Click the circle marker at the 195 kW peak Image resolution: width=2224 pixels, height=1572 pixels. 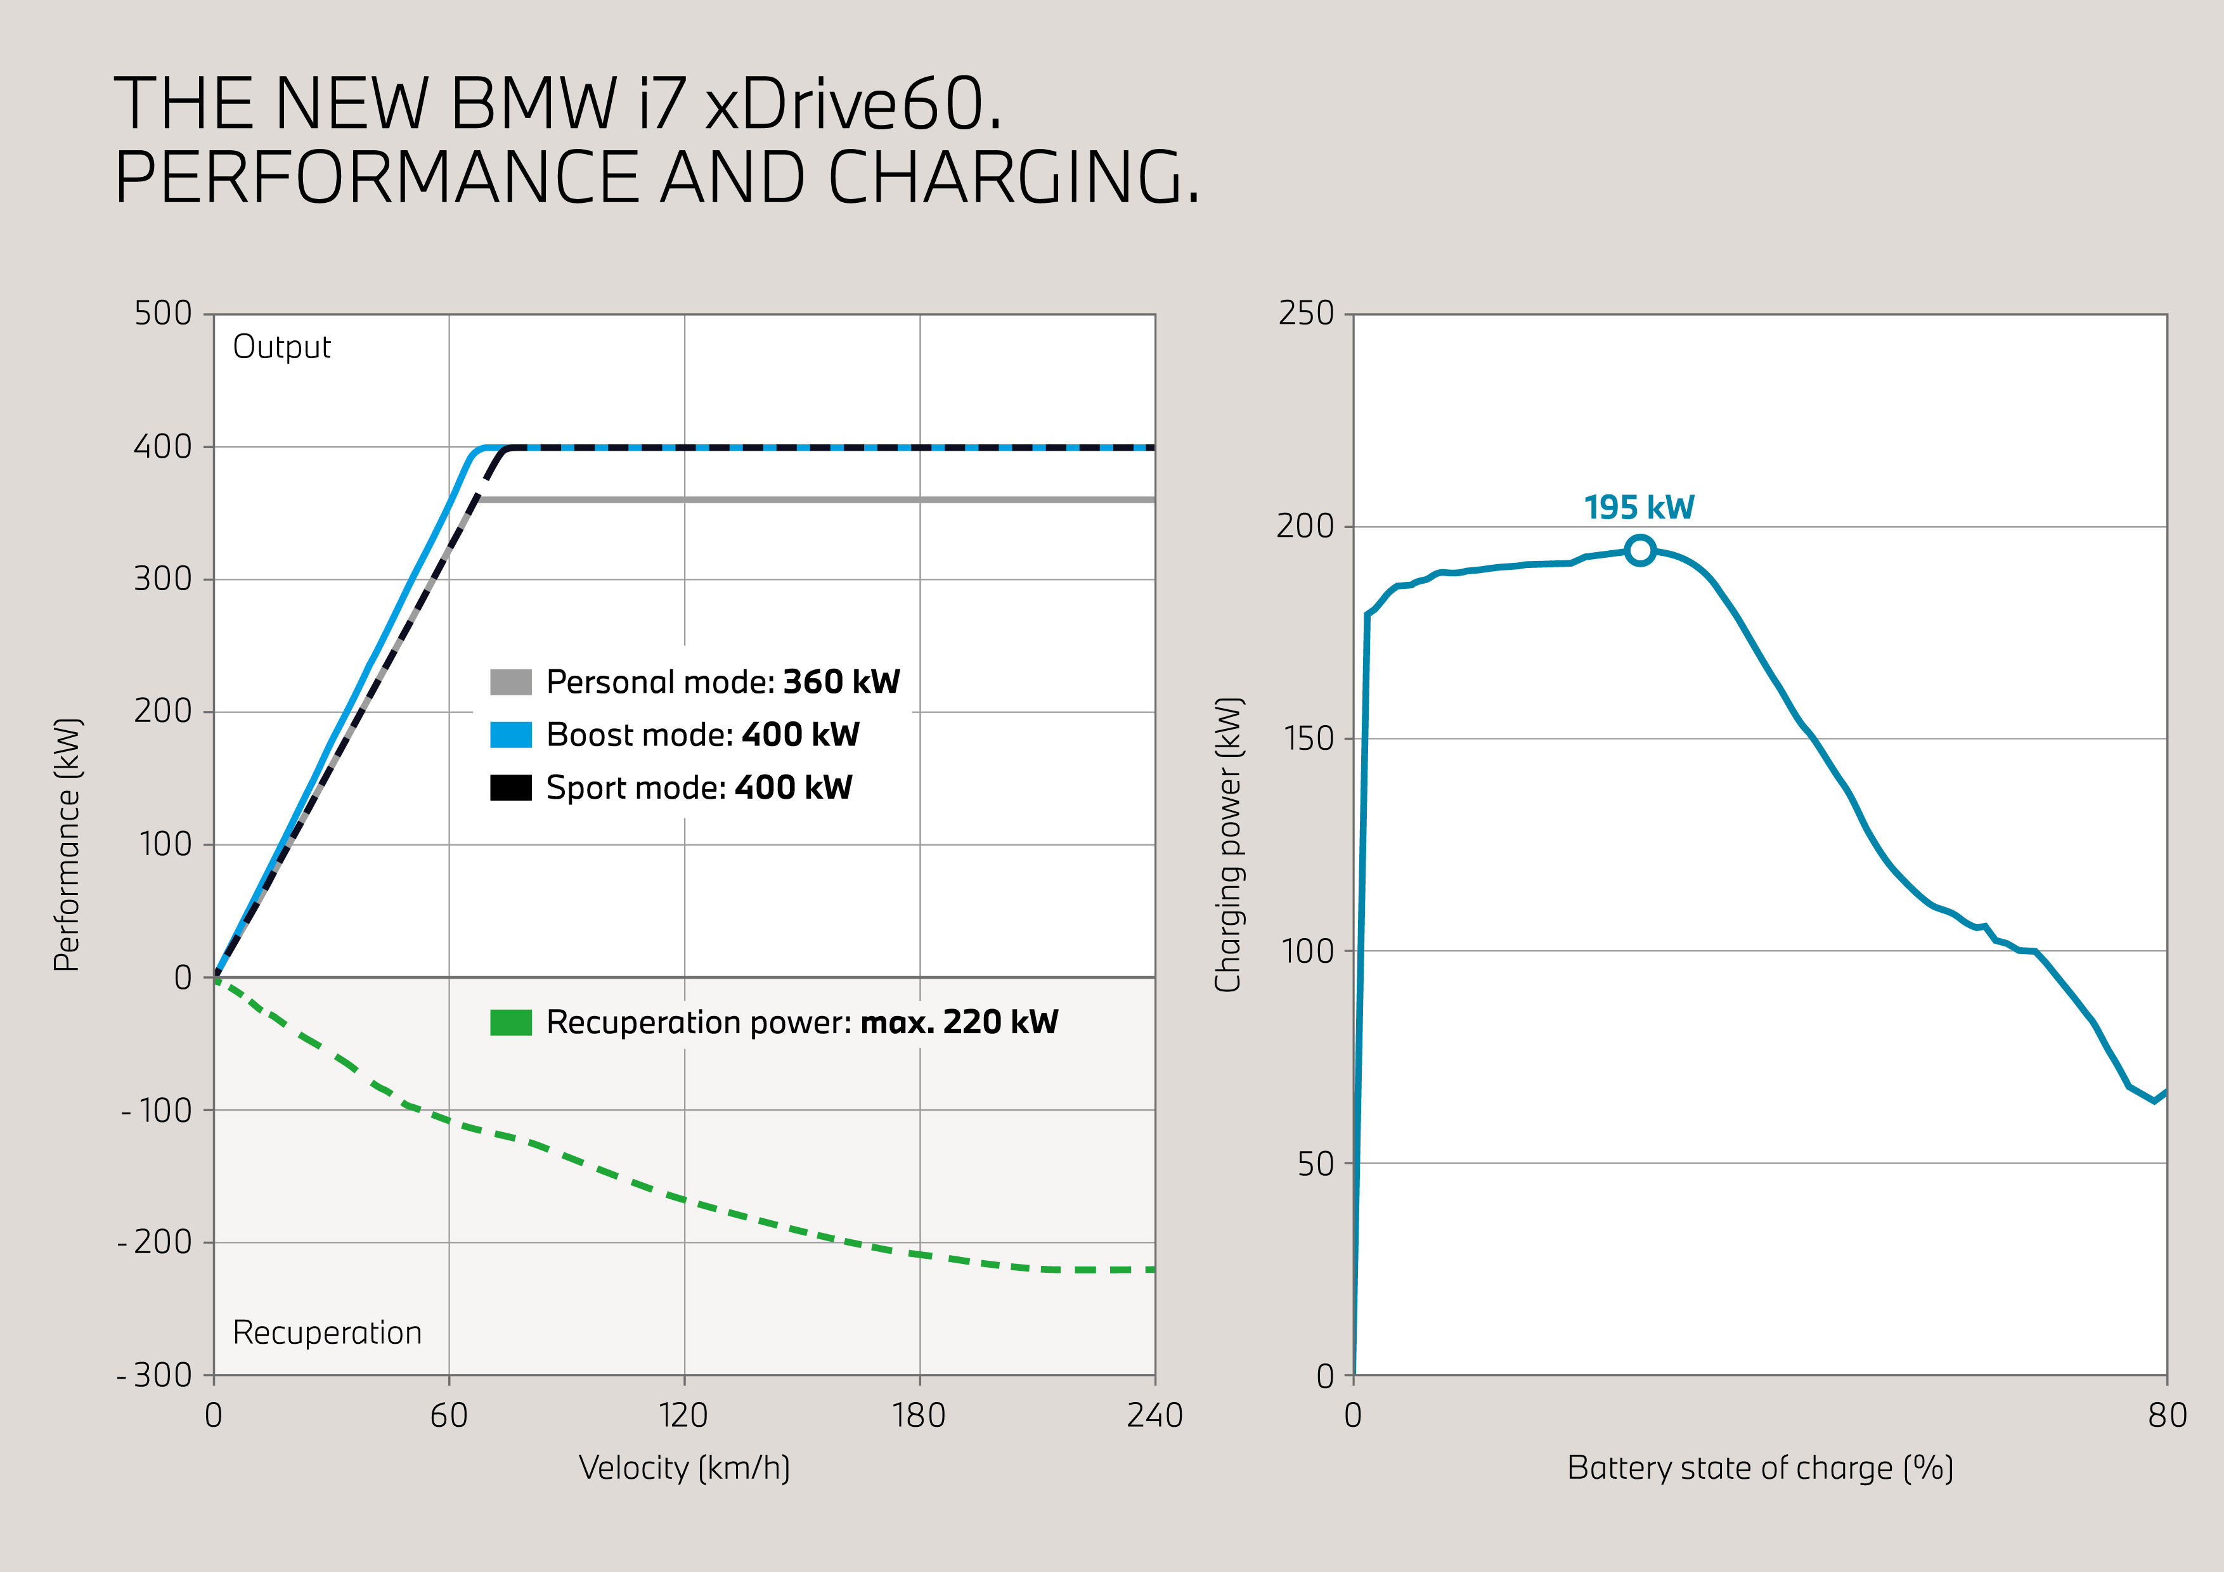(x=1640, y=550)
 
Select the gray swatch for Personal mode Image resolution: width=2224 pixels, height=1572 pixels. (x=510, y=682)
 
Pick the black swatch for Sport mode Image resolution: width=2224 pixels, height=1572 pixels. (x=510, y=787)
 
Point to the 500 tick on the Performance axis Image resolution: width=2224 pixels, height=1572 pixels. (x=163, y=313)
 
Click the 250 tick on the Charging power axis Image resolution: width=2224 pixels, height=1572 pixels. (x=1306, y=313)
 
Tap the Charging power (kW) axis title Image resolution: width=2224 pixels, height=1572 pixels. (x=1228, y=844)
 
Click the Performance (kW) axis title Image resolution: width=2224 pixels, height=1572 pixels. (x=67, y=844)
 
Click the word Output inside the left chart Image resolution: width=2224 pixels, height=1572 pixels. (x=282, y=347)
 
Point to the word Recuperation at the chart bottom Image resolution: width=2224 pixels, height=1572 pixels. (x=327, y=1333)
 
